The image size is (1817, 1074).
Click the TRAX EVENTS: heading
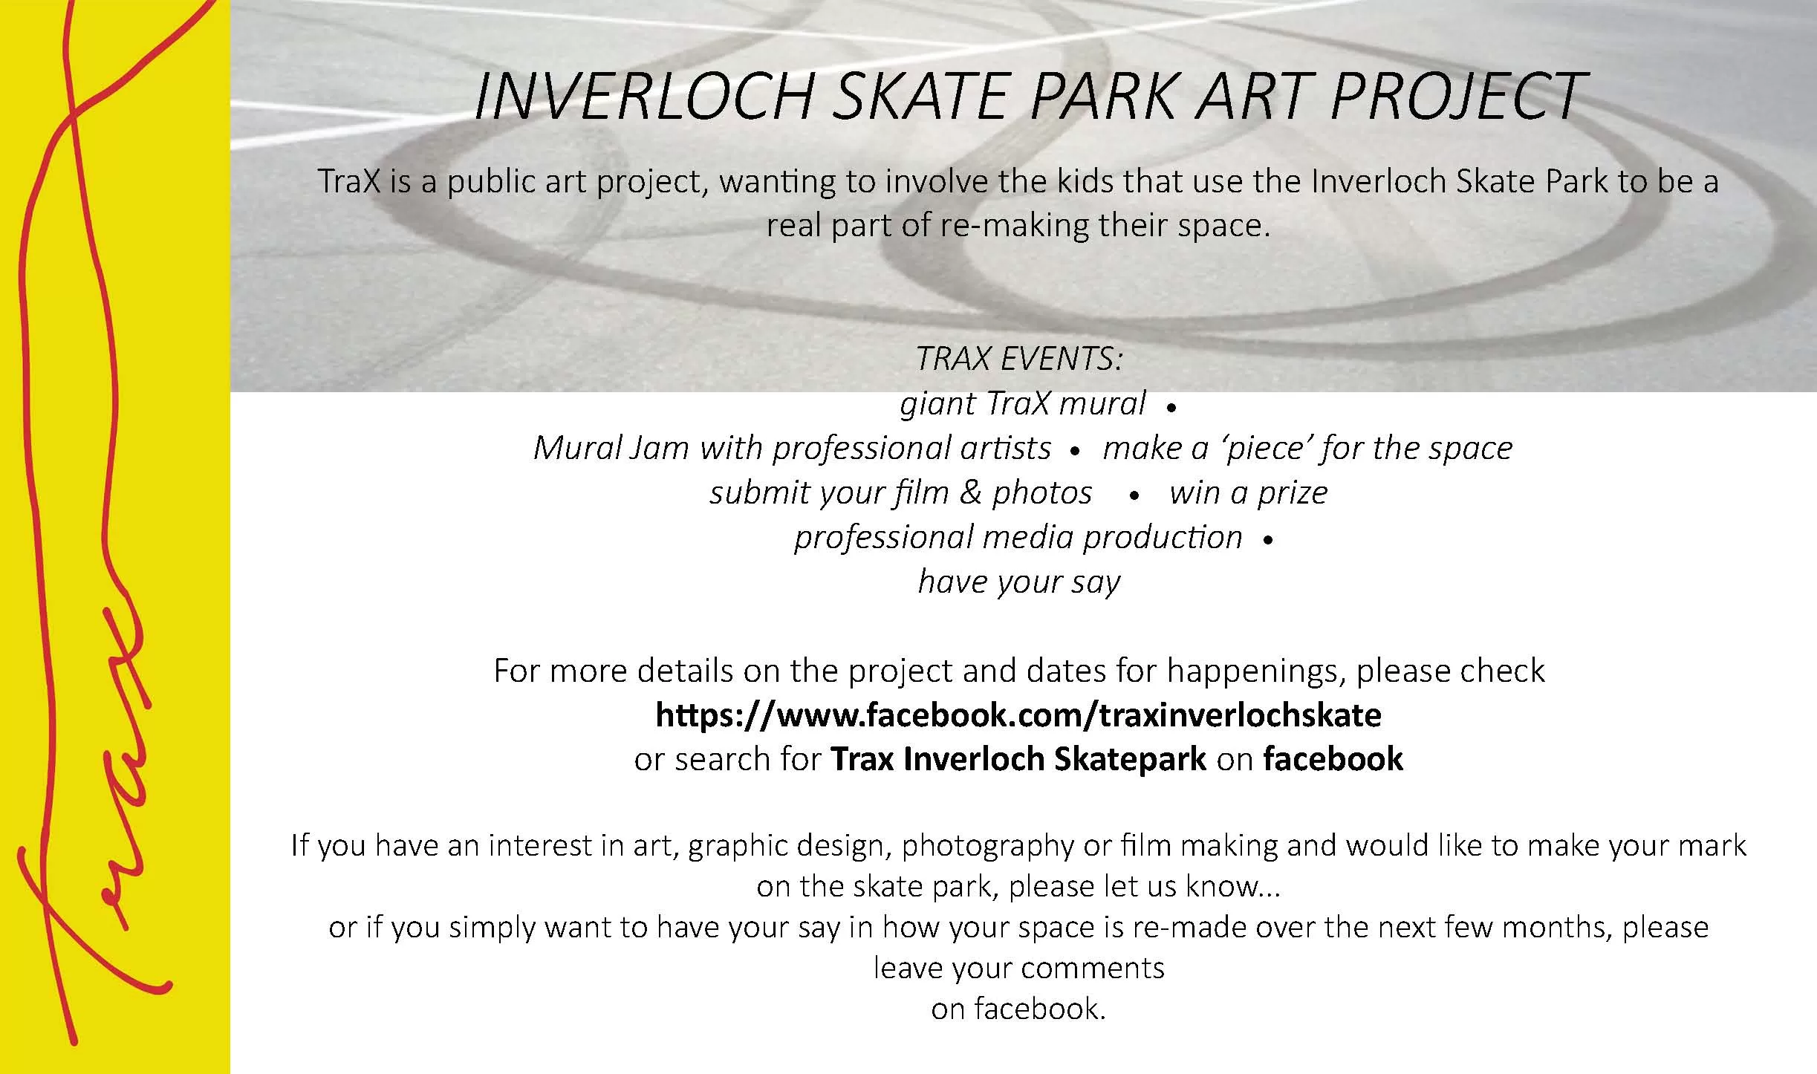pyautogui.click(x=1019, y=359)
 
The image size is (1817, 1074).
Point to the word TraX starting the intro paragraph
pyautogui.click(x=349, y=182)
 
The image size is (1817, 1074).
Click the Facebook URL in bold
pyautogui.click(x=1018, y=715)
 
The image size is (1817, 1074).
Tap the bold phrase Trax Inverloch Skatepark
pyautogui.click(x=1018, y=759)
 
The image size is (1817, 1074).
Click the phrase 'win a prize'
pyautogui.click(x=1248, y=493)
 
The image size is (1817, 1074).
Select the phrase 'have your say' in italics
pyautogui.click(x=1019, y=582)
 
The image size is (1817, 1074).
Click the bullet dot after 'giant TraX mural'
pyautogui.click(x=1171, y=408)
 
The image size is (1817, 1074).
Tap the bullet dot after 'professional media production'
pyautogui.click(x=1267, y=541)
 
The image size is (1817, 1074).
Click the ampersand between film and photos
pyautogui.click(x=970, y=493)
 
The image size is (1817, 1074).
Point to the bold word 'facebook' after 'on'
pyautogui.click(x=1333, y=759)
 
